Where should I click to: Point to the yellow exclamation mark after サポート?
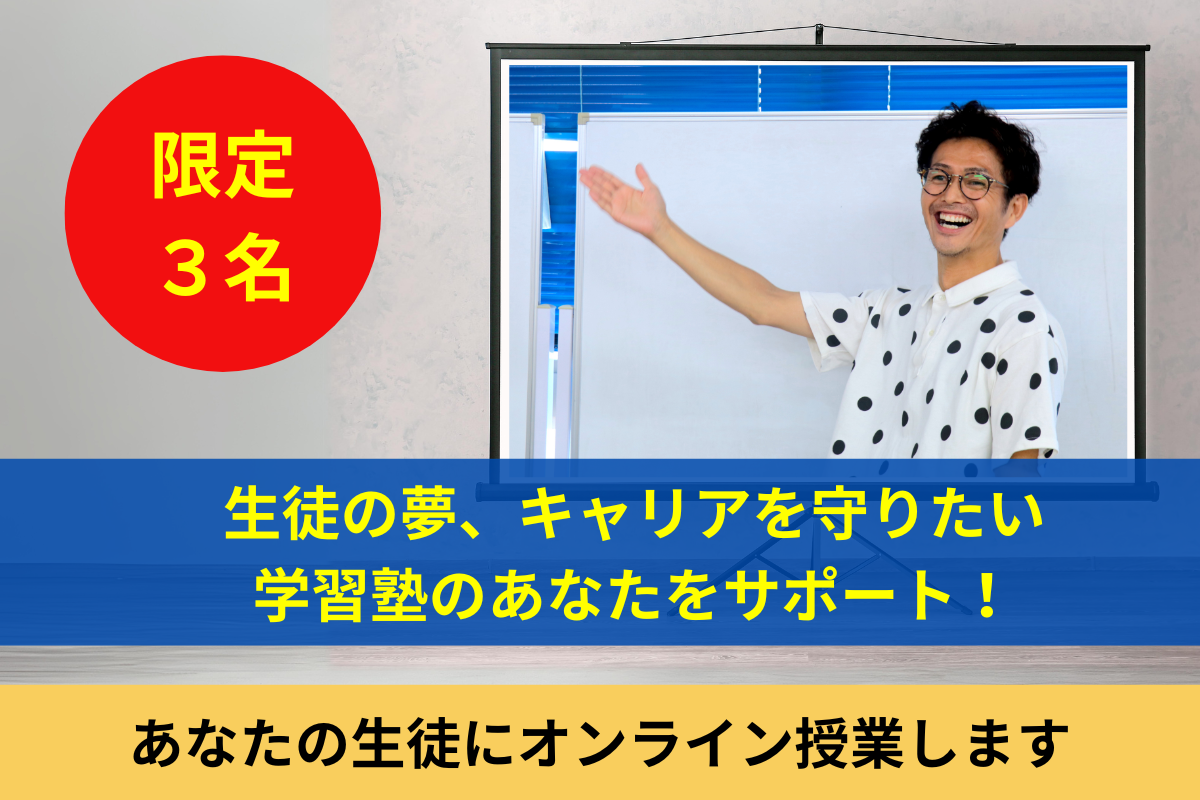point(986,596)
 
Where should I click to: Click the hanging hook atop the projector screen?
point(818,33)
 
